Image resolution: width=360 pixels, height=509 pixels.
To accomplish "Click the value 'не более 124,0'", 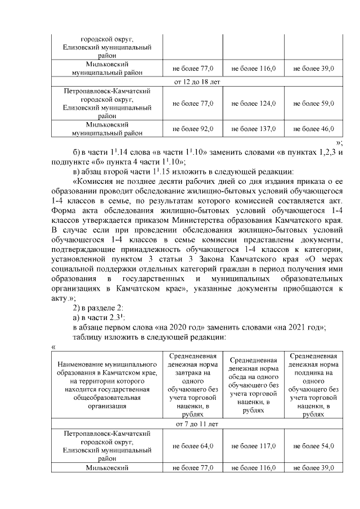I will [x=253, y=103].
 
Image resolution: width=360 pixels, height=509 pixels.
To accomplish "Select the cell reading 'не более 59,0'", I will [x=314, y=103].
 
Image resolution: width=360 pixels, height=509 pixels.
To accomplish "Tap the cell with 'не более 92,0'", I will [x=193, y=129].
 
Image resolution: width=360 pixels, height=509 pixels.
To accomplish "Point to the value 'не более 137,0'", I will [x=253, y=129].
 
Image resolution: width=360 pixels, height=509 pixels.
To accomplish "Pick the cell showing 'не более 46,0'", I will [x=314, y=129].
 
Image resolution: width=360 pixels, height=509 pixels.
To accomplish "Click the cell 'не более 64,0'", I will [x=193, y=446].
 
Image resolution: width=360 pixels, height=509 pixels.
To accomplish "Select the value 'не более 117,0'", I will [x=253, y=446].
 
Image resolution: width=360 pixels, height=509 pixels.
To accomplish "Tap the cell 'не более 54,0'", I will [x=314, y=446].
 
